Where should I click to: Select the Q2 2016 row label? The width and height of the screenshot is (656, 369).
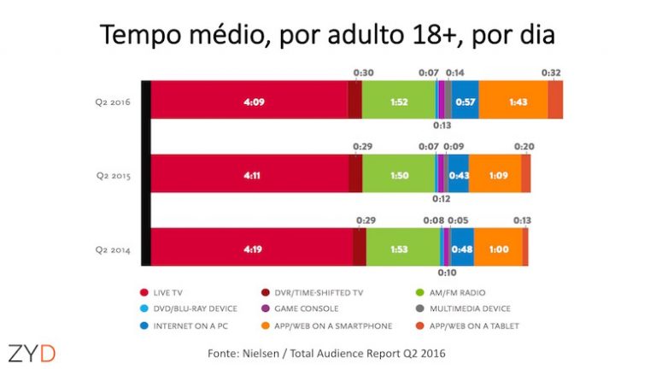(x=113, y=100)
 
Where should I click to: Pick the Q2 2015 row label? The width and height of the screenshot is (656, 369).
(x=113, y=174)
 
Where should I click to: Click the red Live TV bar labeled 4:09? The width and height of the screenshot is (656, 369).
(x=252, y=100)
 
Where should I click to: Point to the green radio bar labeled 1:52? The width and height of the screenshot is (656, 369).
(x=398, y=100)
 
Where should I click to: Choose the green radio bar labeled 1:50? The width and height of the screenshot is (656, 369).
(x=398, y=174)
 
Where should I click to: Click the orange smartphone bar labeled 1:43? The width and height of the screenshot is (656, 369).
(x=512, y=100)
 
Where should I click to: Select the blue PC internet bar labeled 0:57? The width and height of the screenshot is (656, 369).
(x=465, y=100)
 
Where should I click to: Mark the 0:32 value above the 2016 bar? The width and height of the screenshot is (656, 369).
(x=551, y=73)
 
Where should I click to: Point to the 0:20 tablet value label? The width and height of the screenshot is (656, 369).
(x=524, y=147)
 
